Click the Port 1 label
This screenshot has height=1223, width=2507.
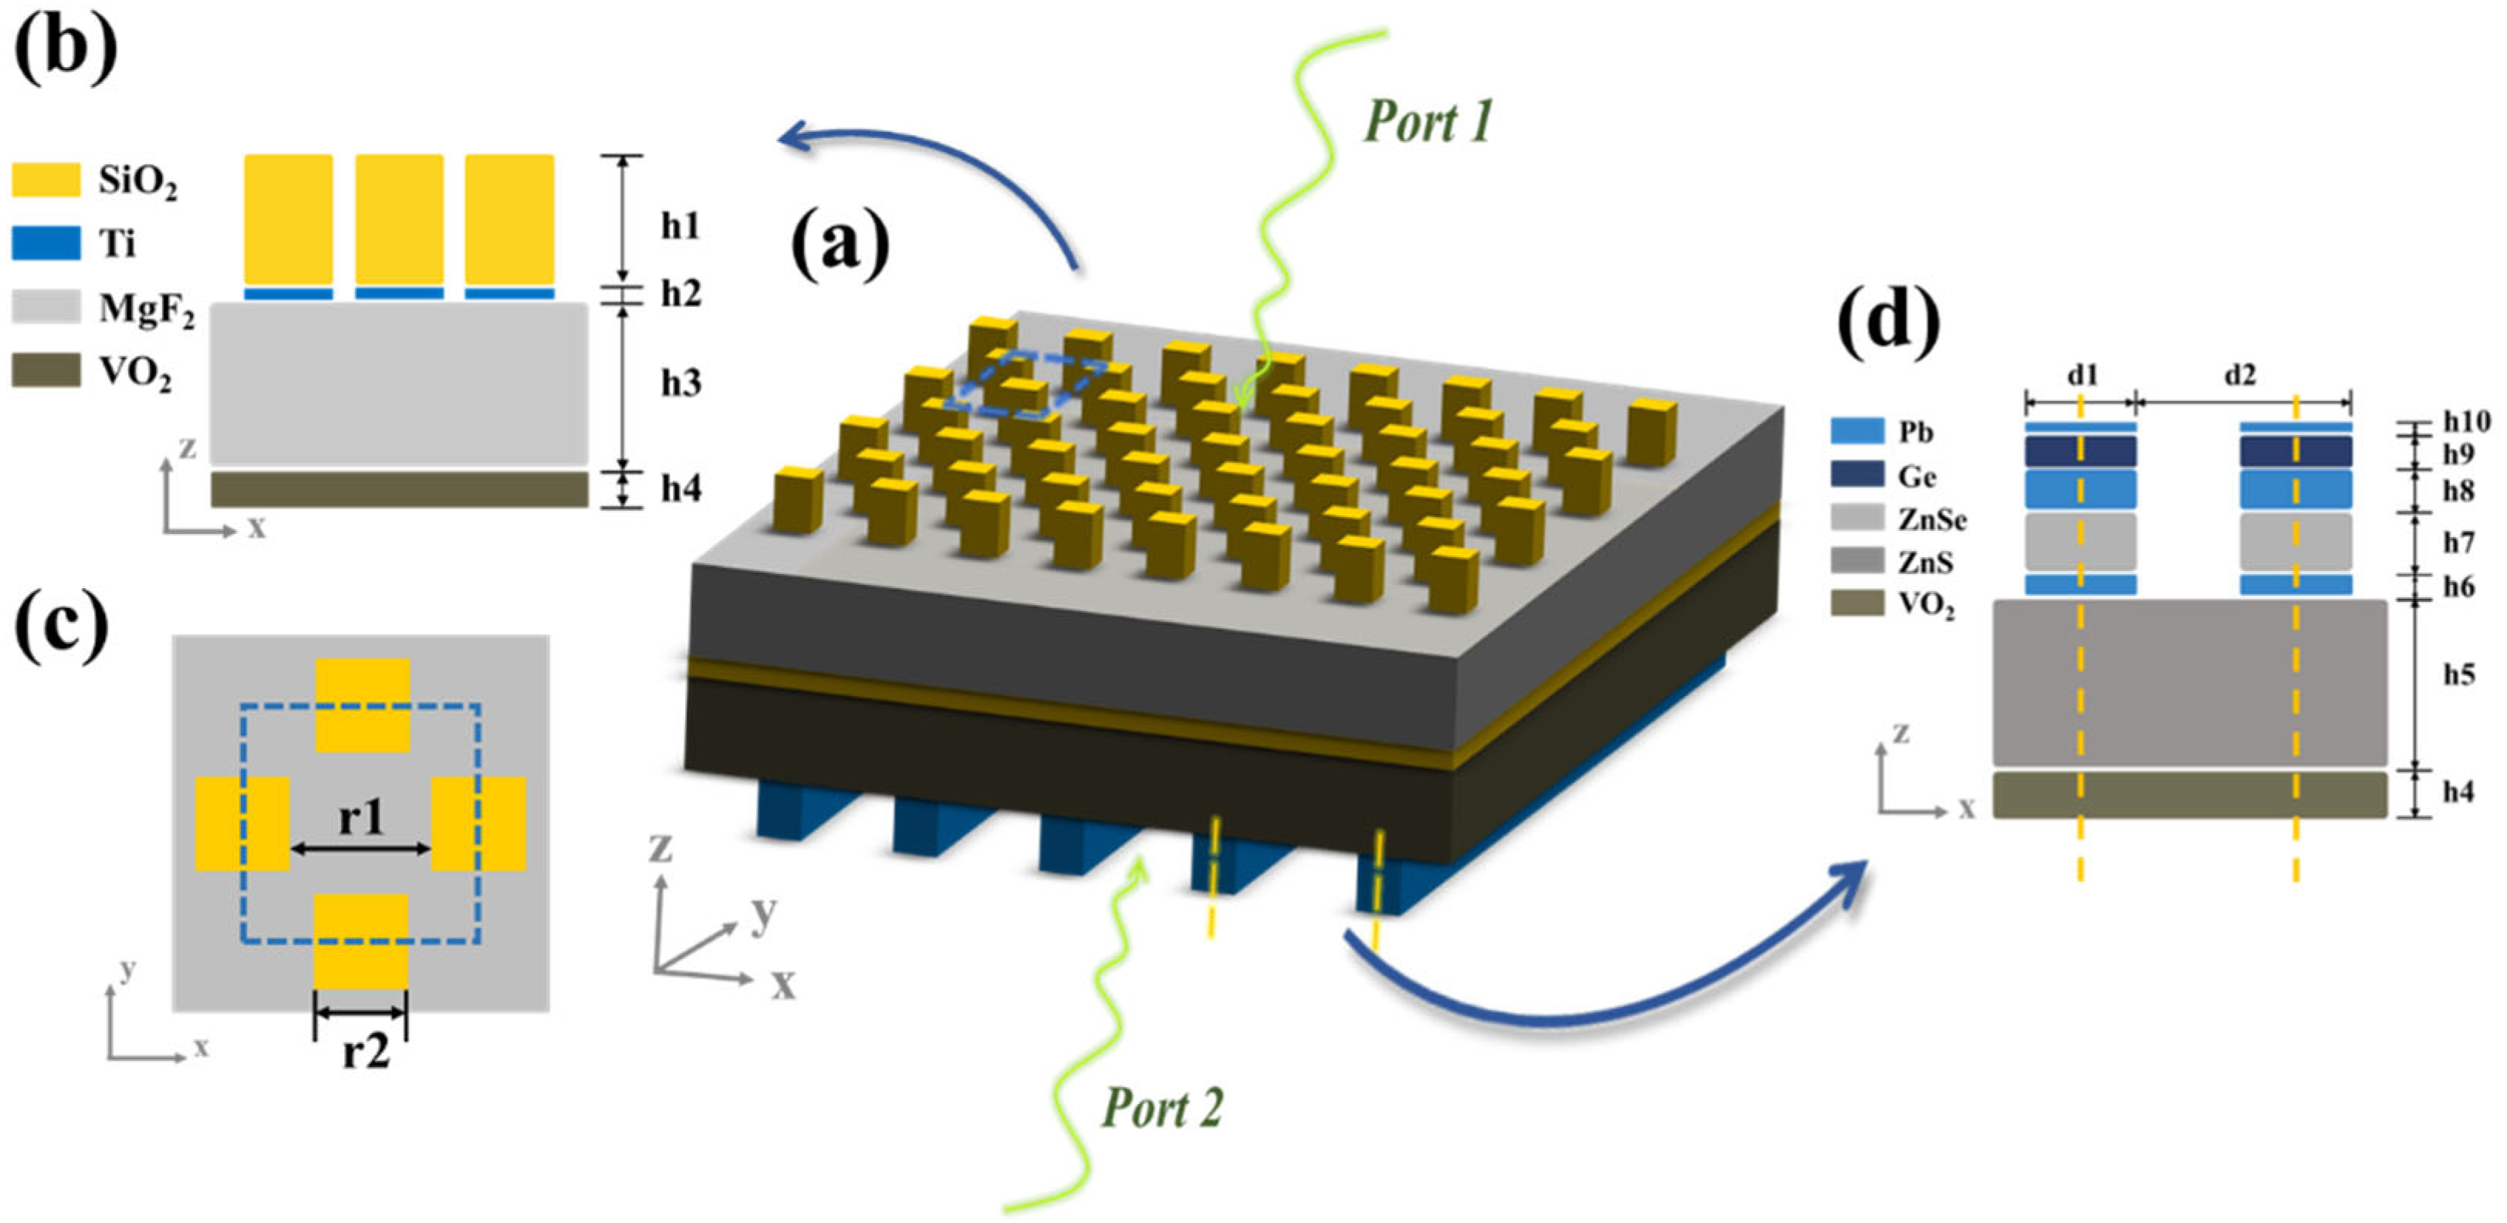click(x=1428, y=123)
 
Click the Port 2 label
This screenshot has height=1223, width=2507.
click(x=1162, y=1108)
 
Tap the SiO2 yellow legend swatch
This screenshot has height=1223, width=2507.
click(x=46, y=180)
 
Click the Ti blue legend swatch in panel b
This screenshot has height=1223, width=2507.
click(x=46, y=243)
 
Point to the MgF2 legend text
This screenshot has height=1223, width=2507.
click(x=146, y=310)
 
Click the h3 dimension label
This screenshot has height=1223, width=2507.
click(x=681, y=383)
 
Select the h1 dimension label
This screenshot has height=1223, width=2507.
click(x=681, y=226)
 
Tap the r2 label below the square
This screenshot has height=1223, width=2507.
click(x=365, y=1052)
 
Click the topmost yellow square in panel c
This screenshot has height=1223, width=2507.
click(x=362, y=704)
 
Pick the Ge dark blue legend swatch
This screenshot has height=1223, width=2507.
click(x=1857, y=474)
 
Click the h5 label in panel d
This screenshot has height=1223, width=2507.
click(x=2458, y=674)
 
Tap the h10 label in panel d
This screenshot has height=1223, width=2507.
click(x=2466, y=421)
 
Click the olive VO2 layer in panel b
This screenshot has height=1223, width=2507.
click(x=399, y=489)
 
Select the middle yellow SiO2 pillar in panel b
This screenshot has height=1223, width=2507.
click(x=399, y=220)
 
